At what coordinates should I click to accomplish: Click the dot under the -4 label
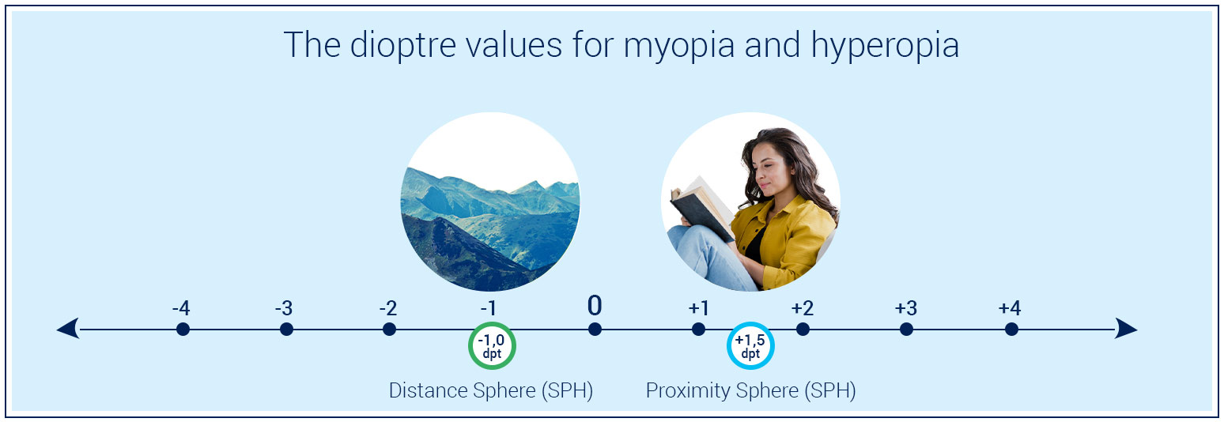coord(183,329)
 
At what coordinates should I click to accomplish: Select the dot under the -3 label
coord(286,329)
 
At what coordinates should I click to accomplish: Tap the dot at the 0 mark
coord(595,329)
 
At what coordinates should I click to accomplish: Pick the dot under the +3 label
coord(906,329)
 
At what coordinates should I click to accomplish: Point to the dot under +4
coord(1011,329)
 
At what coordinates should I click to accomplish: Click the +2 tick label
coord(802,308)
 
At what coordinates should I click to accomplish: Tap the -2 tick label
coord(387,308)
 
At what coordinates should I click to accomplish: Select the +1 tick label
coord(698,308)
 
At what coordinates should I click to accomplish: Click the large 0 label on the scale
coord(595,306)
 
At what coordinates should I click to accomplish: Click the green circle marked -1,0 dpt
coord(492,346)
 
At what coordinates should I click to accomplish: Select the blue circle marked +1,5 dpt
coord(750,346)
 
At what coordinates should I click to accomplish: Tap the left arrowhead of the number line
coord(68,329)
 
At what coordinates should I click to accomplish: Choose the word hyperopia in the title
coord(885,46)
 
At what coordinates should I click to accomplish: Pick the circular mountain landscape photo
coord(489,202)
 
